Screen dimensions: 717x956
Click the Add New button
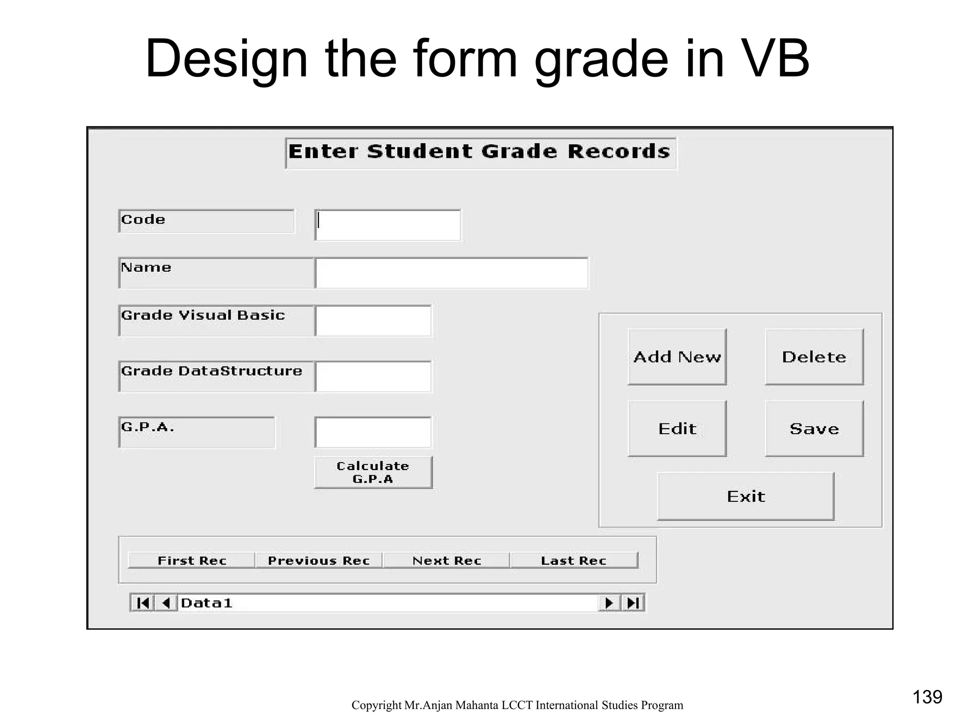point(677,357)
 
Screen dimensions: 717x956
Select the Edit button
point(677,429)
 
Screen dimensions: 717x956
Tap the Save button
point(814,429)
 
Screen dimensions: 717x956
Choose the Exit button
point(745,496)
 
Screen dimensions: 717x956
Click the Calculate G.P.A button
point(373,472)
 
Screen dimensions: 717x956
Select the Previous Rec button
point(319,560)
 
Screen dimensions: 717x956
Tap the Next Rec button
point(447,560)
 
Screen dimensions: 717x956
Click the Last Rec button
point(574,560)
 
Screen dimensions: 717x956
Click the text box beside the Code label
point(388,225)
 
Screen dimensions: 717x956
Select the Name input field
point(451,273)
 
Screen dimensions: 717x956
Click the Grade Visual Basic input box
point(373,321)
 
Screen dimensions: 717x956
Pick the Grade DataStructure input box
point(373,376)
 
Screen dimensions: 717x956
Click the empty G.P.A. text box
point(373,432)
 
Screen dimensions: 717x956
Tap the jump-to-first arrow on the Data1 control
point(142,603)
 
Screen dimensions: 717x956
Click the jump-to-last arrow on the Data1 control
point(633,603)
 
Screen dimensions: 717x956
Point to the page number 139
point(927,697)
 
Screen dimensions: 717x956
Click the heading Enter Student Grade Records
point(480,152)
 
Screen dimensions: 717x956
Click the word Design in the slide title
point(226,59)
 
